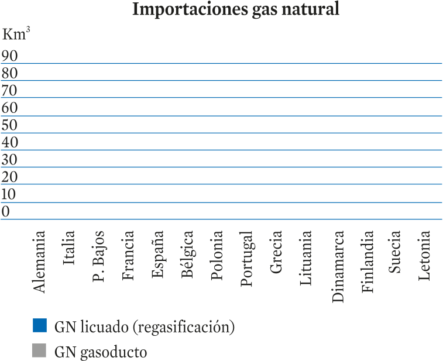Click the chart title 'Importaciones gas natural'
(x=236, y=9)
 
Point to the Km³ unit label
(x=16, y=34)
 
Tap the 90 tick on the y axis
(x=9, y=56)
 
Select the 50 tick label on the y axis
(x=9, y=125)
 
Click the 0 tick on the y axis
(x=5, y=211)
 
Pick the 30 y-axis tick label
(x=9, y=160)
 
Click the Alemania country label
(x=39, y=262)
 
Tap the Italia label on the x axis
(x=68, y=247)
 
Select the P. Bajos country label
(x=98, y=256)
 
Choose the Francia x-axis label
(x=128, y=255)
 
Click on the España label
(x=157, y=255)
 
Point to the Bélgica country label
(x=187, y=255)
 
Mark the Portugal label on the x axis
(x=246, y=259)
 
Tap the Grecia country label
(x=276, y=252)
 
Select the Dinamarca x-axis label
(x=338, y=267)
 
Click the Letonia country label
(x=424, y=255)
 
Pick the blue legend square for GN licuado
(x=40, y=325)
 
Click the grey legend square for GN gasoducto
(x=39, y=350)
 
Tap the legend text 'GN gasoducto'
(x=101, y=352)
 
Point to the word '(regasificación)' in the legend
(x=184, y=327)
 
